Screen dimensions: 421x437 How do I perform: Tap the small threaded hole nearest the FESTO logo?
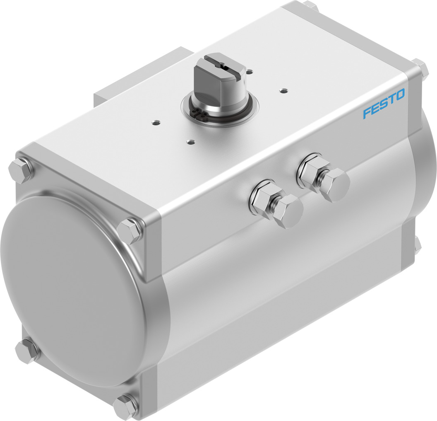(283, 89)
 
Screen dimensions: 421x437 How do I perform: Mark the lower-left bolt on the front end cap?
(26, 350)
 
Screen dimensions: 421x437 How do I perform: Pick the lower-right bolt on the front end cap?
(125, 405)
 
